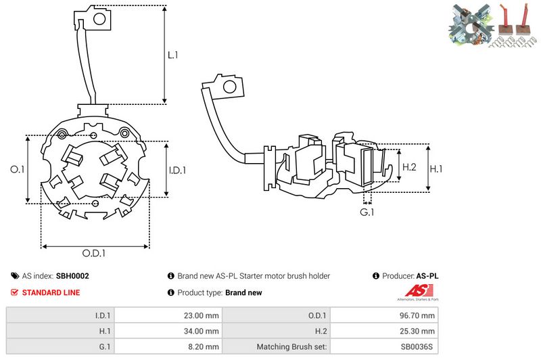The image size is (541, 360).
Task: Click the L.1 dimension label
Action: [173, 55]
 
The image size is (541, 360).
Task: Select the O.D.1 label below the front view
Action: [95, 253]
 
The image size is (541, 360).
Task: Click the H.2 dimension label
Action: [408, 166]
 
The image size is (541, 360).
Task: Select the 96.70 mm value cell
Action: [418, 315]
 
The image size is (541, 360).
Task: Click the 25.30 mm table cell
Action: [418, 331]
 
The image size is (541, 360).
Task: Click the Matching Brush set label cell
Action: [292, 347]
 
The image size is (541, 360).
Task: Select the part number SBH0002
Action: [72, 276]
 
